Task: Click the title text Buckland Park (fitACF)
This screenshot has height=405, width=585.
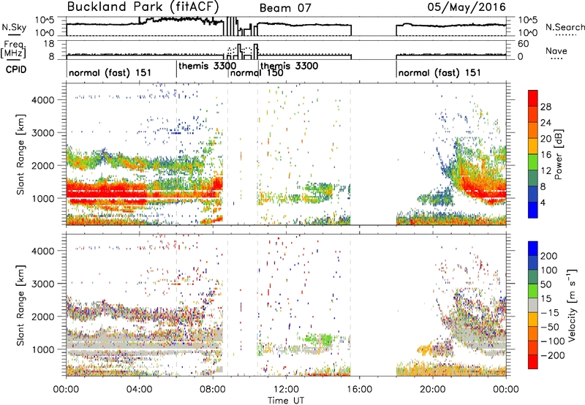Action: pyautogui.click(x=143, y=7)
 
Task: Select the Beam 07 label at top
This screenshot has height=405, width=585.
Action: pyautogui.click(x=285, y=8)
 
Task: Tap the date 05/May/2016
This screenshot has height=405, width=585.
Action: pyautogui.click(x=467, y=7)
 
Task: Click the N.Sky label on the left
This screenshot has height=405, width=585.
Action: pyautogui.click(x=14, y=27)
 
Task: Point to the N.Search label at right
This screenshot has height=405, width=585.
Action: pyautogui.click(x=565, y=27)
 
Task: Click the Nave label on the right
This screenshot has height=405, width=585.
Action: pyautogui.click(x=556, y=51)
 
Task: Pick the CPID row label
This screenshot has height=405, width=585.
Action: pyautogui.click(x=16, y=69)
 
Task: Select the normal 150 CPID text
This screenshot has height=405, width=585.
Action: pyautogui.click(x=257, y=72)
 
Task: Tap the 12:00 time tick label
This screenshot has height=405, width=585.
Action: pyautogui.click(x=286, y=390)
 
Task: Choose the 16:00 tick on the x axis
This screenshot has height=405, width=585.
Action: pyautogui.click(x=359, y=390)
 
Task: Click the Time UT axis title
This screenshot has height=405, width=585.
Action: pyautogui.click(x=286, y=401)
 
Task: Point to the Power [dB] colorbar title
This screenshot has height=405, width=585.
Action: pyautogui.click(x=558, y=154)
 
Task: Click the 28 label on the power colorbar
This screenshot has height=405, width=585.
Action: pyautogui.click(x=546, y=107)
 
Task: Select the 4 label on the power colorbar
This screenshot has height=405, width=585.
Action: pyautogui.click(x=543, y=202)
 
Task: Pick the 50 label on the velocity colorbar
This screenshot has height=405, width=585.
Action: pyautogui.click(x=546, y=284)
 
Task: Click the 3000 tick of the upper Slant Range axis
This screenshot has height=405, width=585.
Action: pyautogui.click(x=42, y=133)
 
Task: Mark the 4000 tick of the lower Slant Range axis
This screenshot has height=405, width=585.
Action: pyautogui.click(x=42, y=251)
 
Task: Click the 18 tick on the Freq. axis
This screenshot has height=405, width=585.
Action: pyautogui.click(x=49, y=44)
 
